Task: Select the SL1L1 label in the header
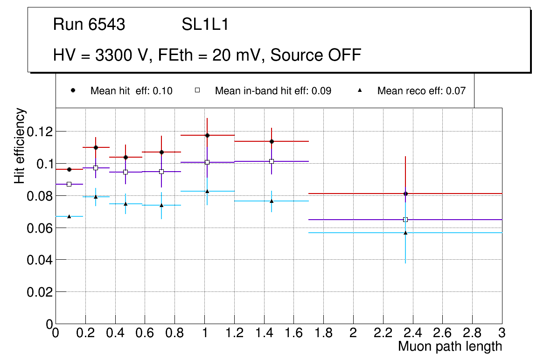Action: tap(205, 24)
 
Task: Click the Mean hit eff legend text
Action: tap(131, 91)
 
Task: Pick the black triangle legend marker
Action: tap(360, 91)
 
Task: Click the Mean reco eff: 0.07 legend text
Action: tap(421, 91)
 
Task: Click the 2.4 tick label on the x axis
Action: tap(412, 332)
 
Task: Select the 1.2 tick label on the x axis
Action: tap(234, 332)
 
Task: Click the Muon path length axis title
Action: tap(450, 346)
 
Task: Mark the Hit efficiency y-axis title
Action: tap(20, 145)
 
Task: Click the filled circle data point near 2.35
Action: tap(405, 194)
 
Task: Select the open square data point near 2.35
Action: tap(405, 220)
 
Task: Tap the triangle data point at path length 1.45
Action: tap(272, 201)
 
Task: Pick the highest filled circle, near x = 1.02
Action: tap(207, 135)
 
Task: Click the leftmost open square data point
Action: tap(69, 184)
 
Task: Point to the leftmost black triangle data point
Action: tap(69, 216)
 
